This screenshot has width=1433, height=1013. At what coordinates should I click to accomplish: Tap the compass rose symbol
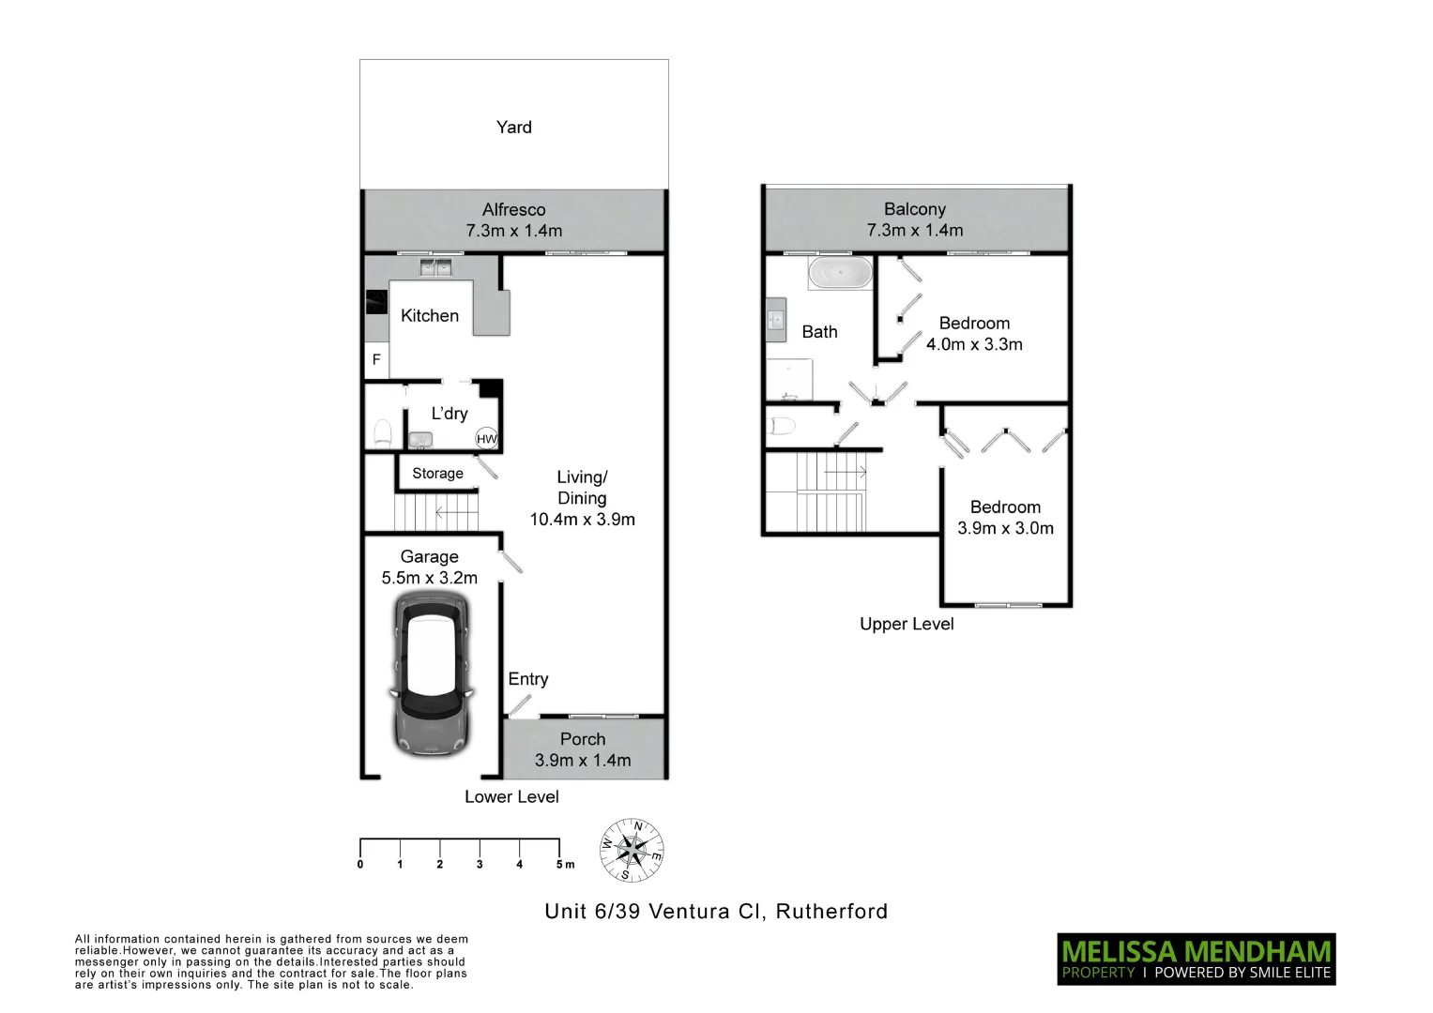(633, 851)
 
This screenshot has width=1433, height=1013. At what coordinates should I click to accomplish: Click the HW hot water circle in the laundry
(486, 438)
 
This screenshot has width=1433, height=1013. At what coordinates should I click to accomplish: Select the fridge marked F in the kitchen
(376, 360)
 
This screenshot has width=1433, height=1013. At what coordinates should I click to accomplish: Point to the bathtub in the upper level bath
(840, 274)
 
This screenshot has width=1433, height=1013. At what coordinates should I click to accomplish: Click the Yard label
(513, 128)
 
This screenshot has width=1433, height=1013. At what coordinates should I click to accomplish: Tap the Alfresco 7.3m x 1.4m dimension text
(513, 231)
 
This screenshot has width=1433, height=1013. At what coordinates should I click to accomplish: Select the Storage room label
(437, 474)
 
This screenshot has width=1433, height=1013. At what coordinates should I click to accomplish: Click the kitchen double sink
(434, 268)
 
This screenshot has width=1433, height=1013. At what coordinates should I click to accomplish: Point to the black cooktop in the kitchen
(376, 302)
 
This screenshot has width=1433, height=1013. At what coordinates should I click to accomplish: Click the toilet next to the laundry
(383, 432)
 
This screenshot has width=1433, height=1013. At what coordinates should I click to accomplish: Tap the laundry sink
(420, 439)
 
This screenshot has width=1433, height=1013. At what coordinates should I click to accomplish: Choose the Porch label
(582, 739)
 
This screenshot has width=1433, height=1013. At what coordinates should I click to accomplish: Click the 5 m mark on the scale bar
(561, 864)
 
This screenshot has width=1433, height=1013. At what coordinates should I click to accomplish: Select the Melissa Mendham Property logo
(1196, 959)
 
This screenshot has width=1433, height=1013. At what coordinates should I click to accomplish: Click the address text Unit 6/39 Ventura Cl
(656, 912)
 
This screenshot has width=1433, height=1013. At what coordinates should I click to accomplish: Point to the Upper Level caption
(906, 625)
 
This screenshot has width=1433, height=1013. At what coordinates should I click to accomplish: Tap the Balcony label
(914, 209)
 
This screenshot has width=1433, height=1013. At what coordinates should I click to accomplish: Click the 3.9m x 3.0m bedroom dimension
(1005, 528)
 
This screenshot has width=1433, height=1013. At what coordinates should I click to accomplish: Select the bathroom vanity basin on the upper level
(776, 320)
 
